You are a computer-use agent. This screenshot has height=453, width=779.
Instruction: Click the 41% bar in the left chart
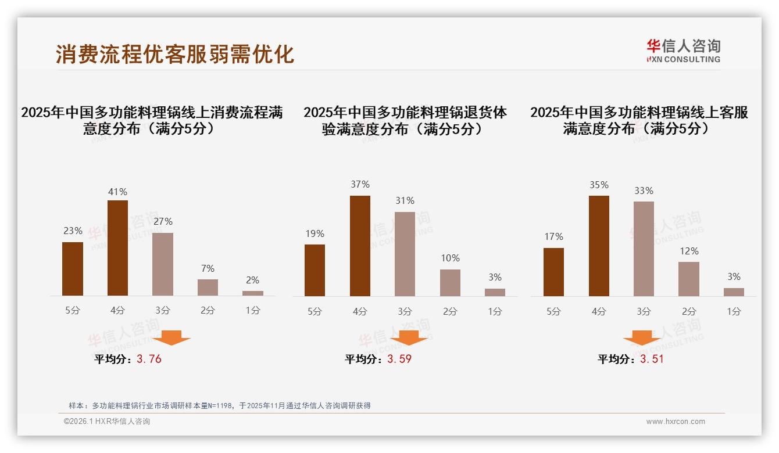point(117,248)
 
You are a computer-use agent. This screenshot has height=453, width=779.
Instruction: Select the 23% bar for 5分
point(73,269)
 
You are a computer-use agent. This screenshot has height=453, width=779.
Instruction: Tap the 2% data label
point(252,280)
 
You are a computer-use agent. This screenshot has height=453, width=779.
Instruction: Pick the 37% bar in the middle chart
point(360,246)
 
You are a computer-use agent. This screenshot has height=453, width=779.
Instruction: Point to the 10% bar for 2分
point(450,283)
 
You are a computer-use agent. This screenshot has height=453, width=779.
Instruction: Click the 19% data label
point(315,233)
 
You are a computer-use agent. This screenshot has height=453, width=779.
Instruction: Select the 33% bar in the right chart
point(644,249)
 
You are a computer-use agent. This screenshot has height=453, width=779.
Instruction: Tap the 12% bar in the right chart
point(689,279)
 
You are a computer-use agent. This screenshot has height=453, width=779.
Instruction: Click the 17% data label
point(553,236)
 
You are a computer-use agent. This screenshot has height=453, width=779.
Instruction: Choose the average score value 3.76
point(149,359)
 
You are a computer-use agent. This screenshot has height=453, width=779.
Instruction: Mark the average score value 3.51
point(652,359)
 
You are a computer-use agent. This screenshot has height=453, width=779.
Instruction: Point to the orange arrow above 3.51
point(642,337)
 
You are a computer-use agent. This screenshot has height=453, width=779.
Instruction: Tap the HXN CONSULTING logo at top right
point(683,51)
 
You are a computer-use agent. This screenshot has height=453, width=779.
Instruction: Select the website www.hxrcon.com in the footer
point(676,422)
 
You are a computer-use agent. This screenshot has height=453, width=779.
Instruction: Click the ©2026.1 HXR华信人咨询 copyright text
point(107,422)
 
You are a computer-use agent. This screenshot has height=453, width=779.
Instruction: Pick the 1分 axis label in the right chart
point(734,311)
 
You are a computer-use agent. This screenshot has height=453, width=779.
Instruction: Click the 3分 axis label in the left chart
point(162,311)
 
